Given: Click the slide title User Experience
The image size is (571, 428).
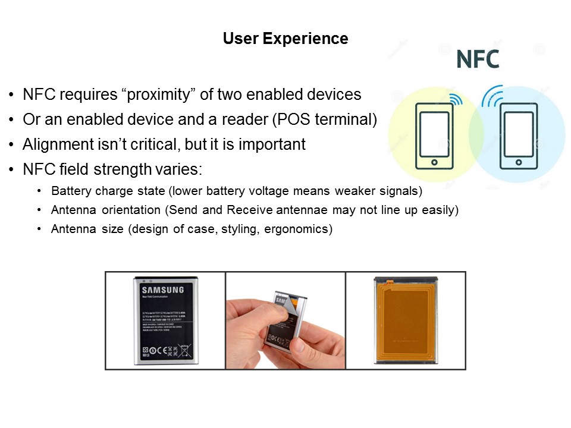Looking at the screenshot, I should click(x=285, y=39).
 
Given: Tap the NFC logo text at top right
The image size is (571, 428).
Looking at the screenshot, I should click(x=478, y=59).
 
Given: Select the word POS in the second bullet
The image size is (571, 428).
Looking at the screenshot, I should click(x=289, y=119).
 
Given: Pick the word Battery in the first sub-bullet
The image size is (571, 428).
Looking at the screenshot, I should click(x=70, y=191).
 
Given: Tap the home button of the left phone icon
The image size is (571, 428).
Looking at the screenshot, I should click(x=434, y=162).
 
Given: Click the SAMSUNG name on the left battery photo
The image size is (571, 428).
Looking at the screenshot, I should click(x=162, y=289).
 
